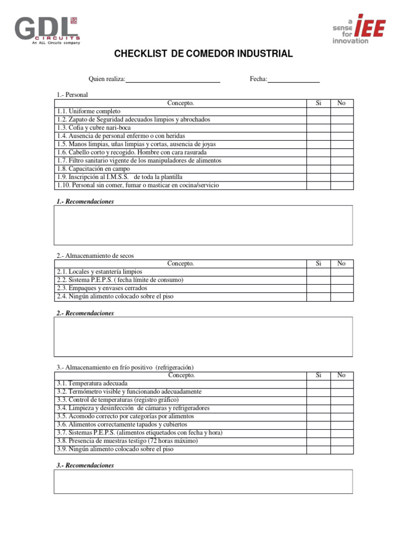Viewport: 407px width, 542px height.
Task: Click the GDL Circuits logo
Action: tap(48, 31)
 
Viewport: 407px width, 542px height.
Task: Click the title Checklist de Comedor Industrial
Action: tap(203, 54)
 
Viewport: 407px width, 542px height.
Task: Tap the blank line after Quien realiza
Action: tap(173, 79)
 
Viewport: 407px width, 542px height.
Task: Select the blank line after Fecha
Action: tap(294, 79)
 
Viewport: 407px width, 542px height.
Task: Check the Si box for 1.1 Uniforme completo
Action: tap(318, 112)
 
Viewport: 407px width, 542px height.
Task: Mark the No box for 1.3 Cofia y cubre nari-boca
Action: tap(342, 128)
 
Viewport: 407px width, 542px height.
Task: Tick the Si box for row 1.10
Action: tap(318, 185)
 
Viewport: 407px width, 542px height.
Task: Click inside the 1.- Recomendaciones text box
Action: tap(203, 225)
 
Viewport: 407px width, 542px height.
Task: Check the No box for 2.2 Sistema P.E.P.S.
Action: tap(342, 280)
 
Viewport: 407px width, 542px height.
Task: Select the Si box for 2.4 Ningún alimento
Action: tap(318, 296)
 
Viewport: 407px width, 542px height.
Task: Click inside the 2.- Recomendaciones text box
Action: tap(203, 337)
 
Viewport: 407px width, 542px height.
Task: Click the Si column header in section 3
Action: tap(318, 375)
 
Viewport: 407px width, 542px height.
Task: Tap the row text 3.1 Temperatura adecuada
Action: tap(92, 384)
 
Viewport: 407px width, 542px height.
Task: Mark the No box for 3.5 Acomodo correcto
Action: tap(342, 417)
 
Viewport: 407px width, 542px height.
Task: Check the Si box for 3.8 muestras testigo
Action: tap(318, 441)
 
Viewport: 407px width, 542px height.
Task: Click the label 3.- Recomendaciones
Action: tap(85, 465)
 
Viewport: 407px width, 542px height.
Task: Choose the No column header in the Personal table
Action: tap(342, 103)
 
